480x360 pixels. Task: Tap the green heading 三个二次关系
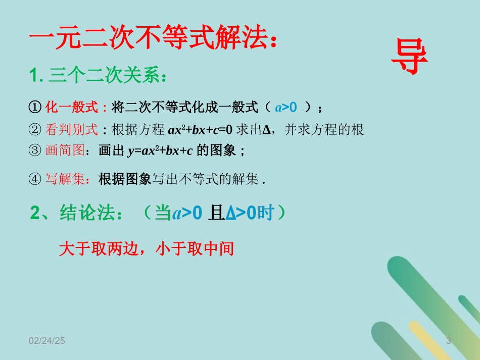click(103, 77)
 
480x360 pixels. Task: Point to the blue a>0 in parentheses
click(286, 107)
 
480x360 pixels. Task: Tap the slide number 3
click(448, 342)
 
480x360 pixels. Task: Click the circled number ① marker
click(35, 108)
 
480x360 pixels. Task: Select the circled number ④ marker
click(35, 179)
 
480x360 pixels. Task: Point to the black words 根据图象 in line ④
click(125, 179)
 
